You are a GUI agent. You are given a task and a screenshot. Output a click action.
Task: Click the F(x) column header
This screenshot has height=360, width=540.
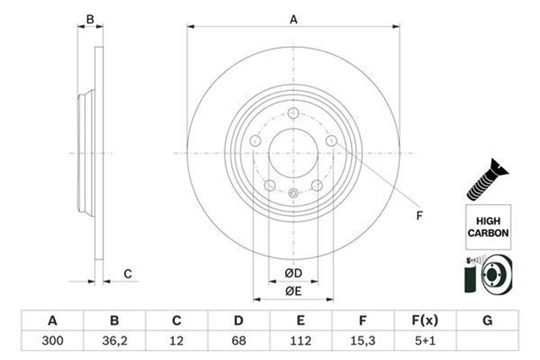pyautogui.click(x=426, y=321)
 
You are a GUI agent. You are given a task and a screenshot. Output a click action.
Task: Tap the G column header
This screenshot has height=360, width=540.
pyautogui.click(x=489, y=321)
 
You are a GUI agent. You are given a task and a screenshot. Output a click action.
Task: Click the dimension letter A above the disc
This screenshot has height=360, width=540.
pyautogui.click(x=294, y=19)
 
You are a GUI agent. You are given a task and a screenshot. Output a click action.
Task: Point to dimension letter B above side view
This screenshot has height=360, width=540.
pyautogui.click(x=90, y=19)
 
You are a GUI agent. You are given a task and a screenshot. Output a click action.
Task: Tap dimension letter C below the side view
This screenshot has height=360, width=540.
pyautogui.click(x=127, y=273)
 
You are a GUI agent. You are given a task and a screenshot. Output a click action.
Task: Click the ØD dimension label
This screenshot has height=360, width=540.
pyautogui.click(x=293, y=273)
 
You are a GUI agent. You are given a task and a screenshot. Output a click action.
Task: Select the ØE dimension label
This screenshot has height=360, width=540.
pyautogui.click(x=293, y=291)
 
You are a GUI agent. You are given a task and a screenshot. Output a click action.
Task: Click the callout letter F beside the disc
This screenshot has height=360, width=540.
pyautogui.click(x=418, y=216)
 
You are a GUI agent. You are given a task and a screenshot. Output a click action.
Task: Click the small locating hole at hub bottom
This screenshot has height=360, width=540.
pyautogui.click(x=293, y=194)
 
